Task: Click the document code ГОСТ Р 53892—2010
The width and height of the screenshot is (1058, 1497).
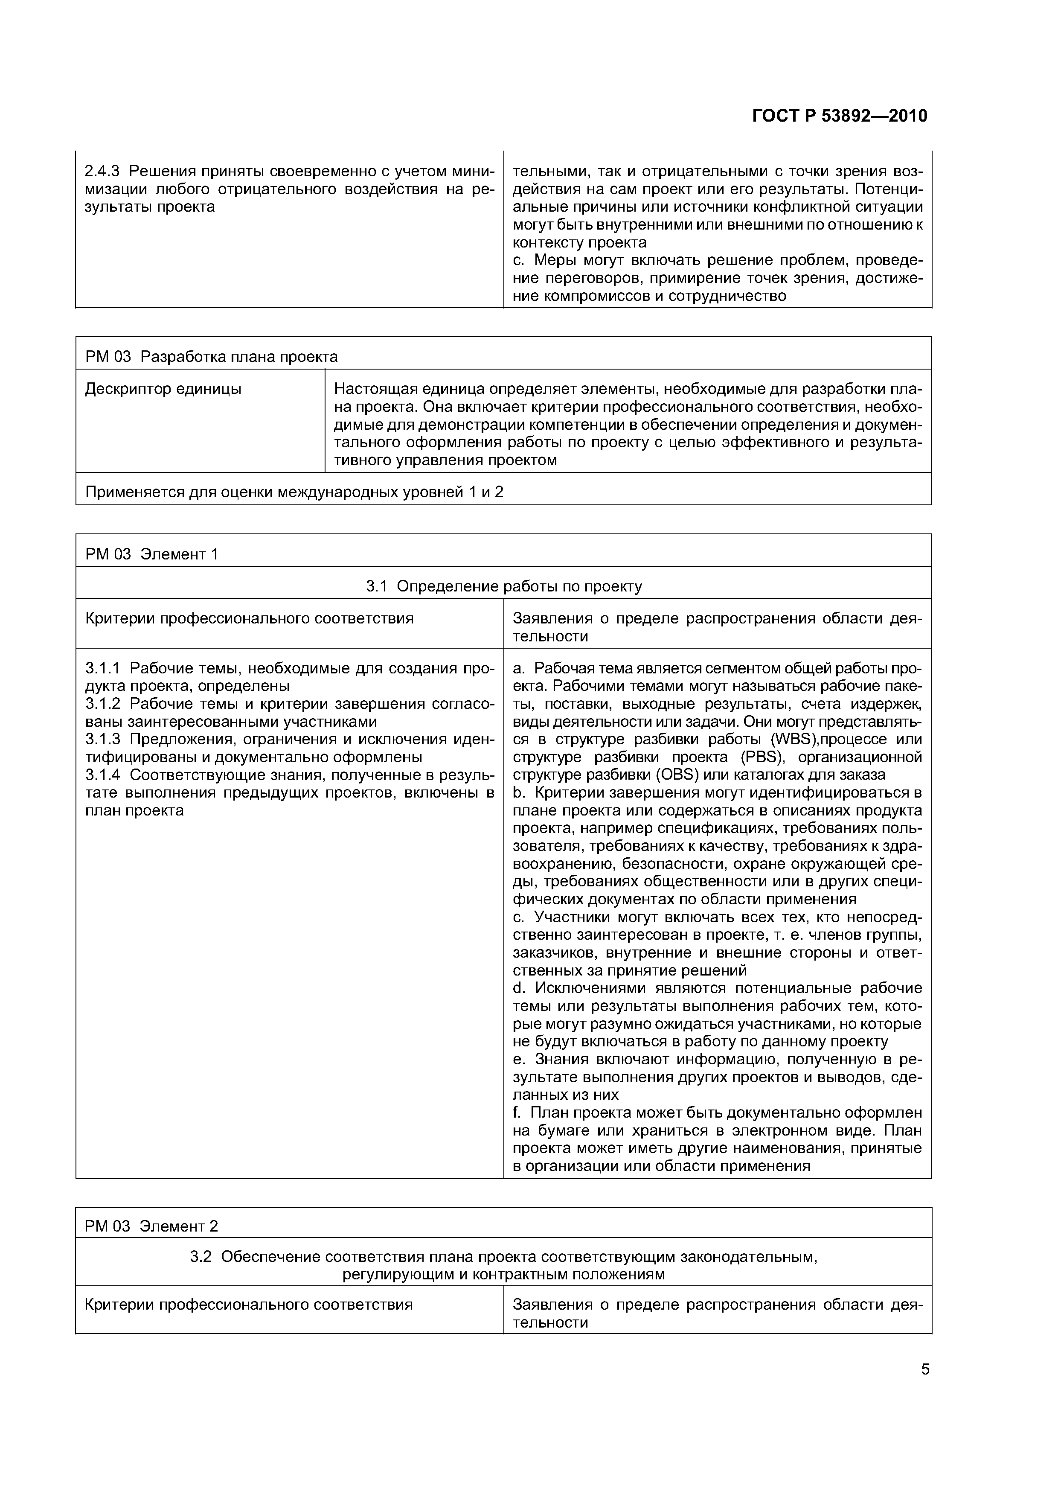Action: pos(839,116)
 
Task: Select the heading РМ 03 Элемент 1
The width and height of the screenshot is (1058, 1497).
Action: pos(151,554)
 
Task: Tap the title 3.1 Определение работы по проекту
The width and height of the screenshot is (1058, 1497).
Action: pos(503,586)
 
